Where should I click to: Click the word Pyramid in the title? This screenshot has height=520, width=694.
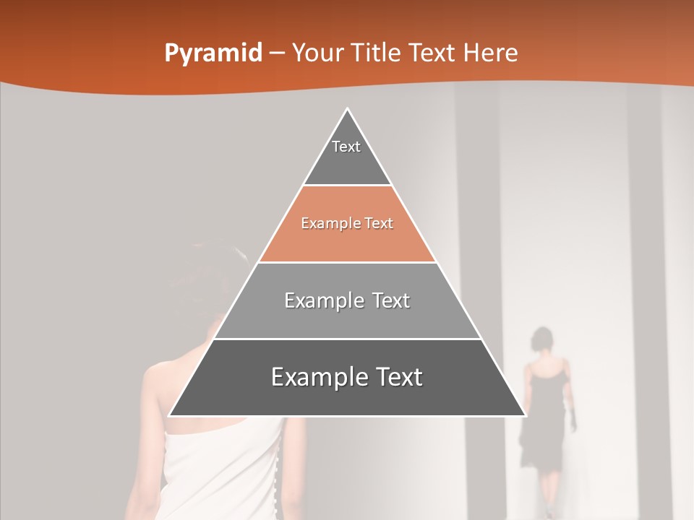tap(213, 53)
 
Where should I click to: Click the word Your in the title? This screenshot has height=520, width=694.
tap(317, 53)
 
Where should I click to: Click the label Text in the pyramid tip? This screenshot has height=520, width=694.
tap(346, 147)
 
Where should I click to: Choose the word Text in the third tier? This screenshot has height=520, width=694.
tap(391, 300)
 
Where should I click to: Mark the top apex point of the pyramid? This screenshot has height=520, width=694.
tap(347, 108)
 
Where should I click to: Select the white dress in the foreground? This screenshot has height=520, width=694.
tap(217, 469)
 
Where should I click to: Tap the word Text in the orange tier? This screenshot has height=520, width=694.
tap(379, 224)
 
